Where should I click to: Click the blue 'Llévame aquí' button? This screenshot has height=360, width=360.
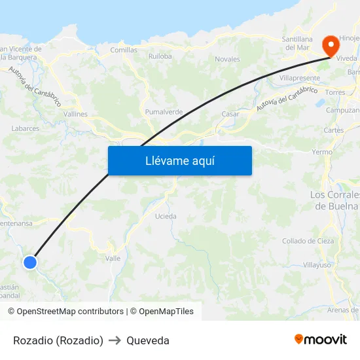[x=179, y=160]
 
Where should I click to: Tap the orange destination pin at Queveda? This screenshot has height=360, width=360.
[x=331, y=46]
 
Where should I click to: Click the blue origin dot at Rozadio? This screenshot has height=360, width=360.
[x=30, y=262]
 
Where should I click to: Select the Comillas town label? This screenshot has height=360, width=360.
[x=124, y=50]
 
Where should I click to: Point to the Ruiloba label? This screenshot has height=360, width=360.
[x=160, y=56]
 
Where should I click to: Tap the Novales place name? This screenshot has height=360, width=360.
[x=227, y=59]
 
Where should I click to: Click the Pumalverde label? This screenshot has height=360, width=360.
[x=164, y=112]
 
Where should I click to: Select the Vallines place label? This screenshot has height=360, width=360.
[x=75, y=114]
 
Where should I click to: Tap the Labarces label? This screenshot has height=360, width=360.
[x=26, y=128]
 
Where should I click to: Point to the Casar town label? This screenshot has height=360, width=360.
[x=230, y=114]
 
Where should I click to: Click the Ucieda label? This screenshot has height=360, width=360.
[x=166, y=216]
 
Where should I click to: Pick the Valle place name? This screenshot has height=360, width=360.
[x=113, y=259]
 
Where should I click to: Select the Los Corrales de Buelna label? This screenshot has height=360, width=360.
[x=334, y=200]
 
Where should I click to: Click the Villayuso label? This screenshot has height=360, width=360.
[x=317, y=265]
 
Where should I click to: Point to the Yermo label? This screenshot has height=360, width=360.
[x=322, y=151]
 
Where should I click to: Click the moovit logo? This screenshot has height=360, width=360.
[x=321, y=339]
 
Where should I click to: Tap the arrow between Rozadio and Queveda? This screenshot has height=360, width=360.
[x=115, y=340]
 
